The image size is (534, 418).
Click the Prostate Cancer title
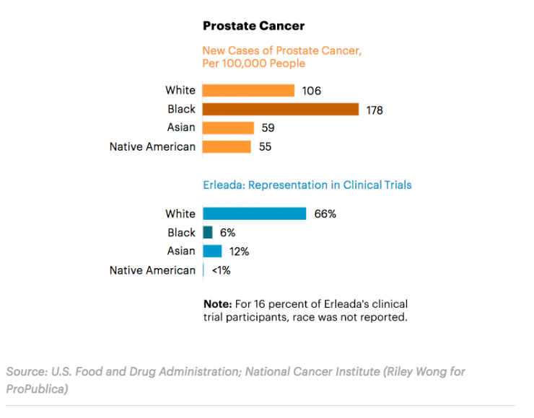(x=253, y=26)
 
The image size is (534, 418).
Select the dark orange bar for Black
(x=280, y=110)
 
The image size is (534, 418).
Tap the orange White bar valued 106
(x=248, y=91)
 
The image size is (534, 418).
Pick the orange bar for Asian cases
(x=228, y=128)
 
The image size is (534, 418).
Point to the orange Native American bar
(x=227, y=147)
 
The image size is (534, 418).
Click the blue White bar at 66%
(x=254, y=214)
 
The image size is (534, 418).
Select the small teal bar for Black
(x=208, y=233)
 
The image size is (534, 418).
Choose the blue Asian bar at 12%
(x=212, y=251)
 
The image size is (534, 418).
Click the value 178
(x=374, y=110)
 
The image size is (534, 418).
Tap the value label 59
(x=268, y=128)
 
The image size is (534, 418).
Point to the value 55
(x=265, y=147)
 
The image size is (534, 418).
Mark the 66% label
(x=325, y=214)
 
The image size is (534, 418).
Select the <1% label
(x=221, y=270)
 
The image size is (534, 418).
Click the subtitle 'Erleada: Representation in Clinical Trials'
(x=307, y=185)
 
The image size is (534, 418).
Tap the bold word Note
(x=217, y=304)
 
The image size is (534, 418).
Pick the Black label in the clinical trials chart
(x=181, y=233)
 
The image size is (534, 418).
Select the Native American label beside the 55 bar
(x=152, y=147)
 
